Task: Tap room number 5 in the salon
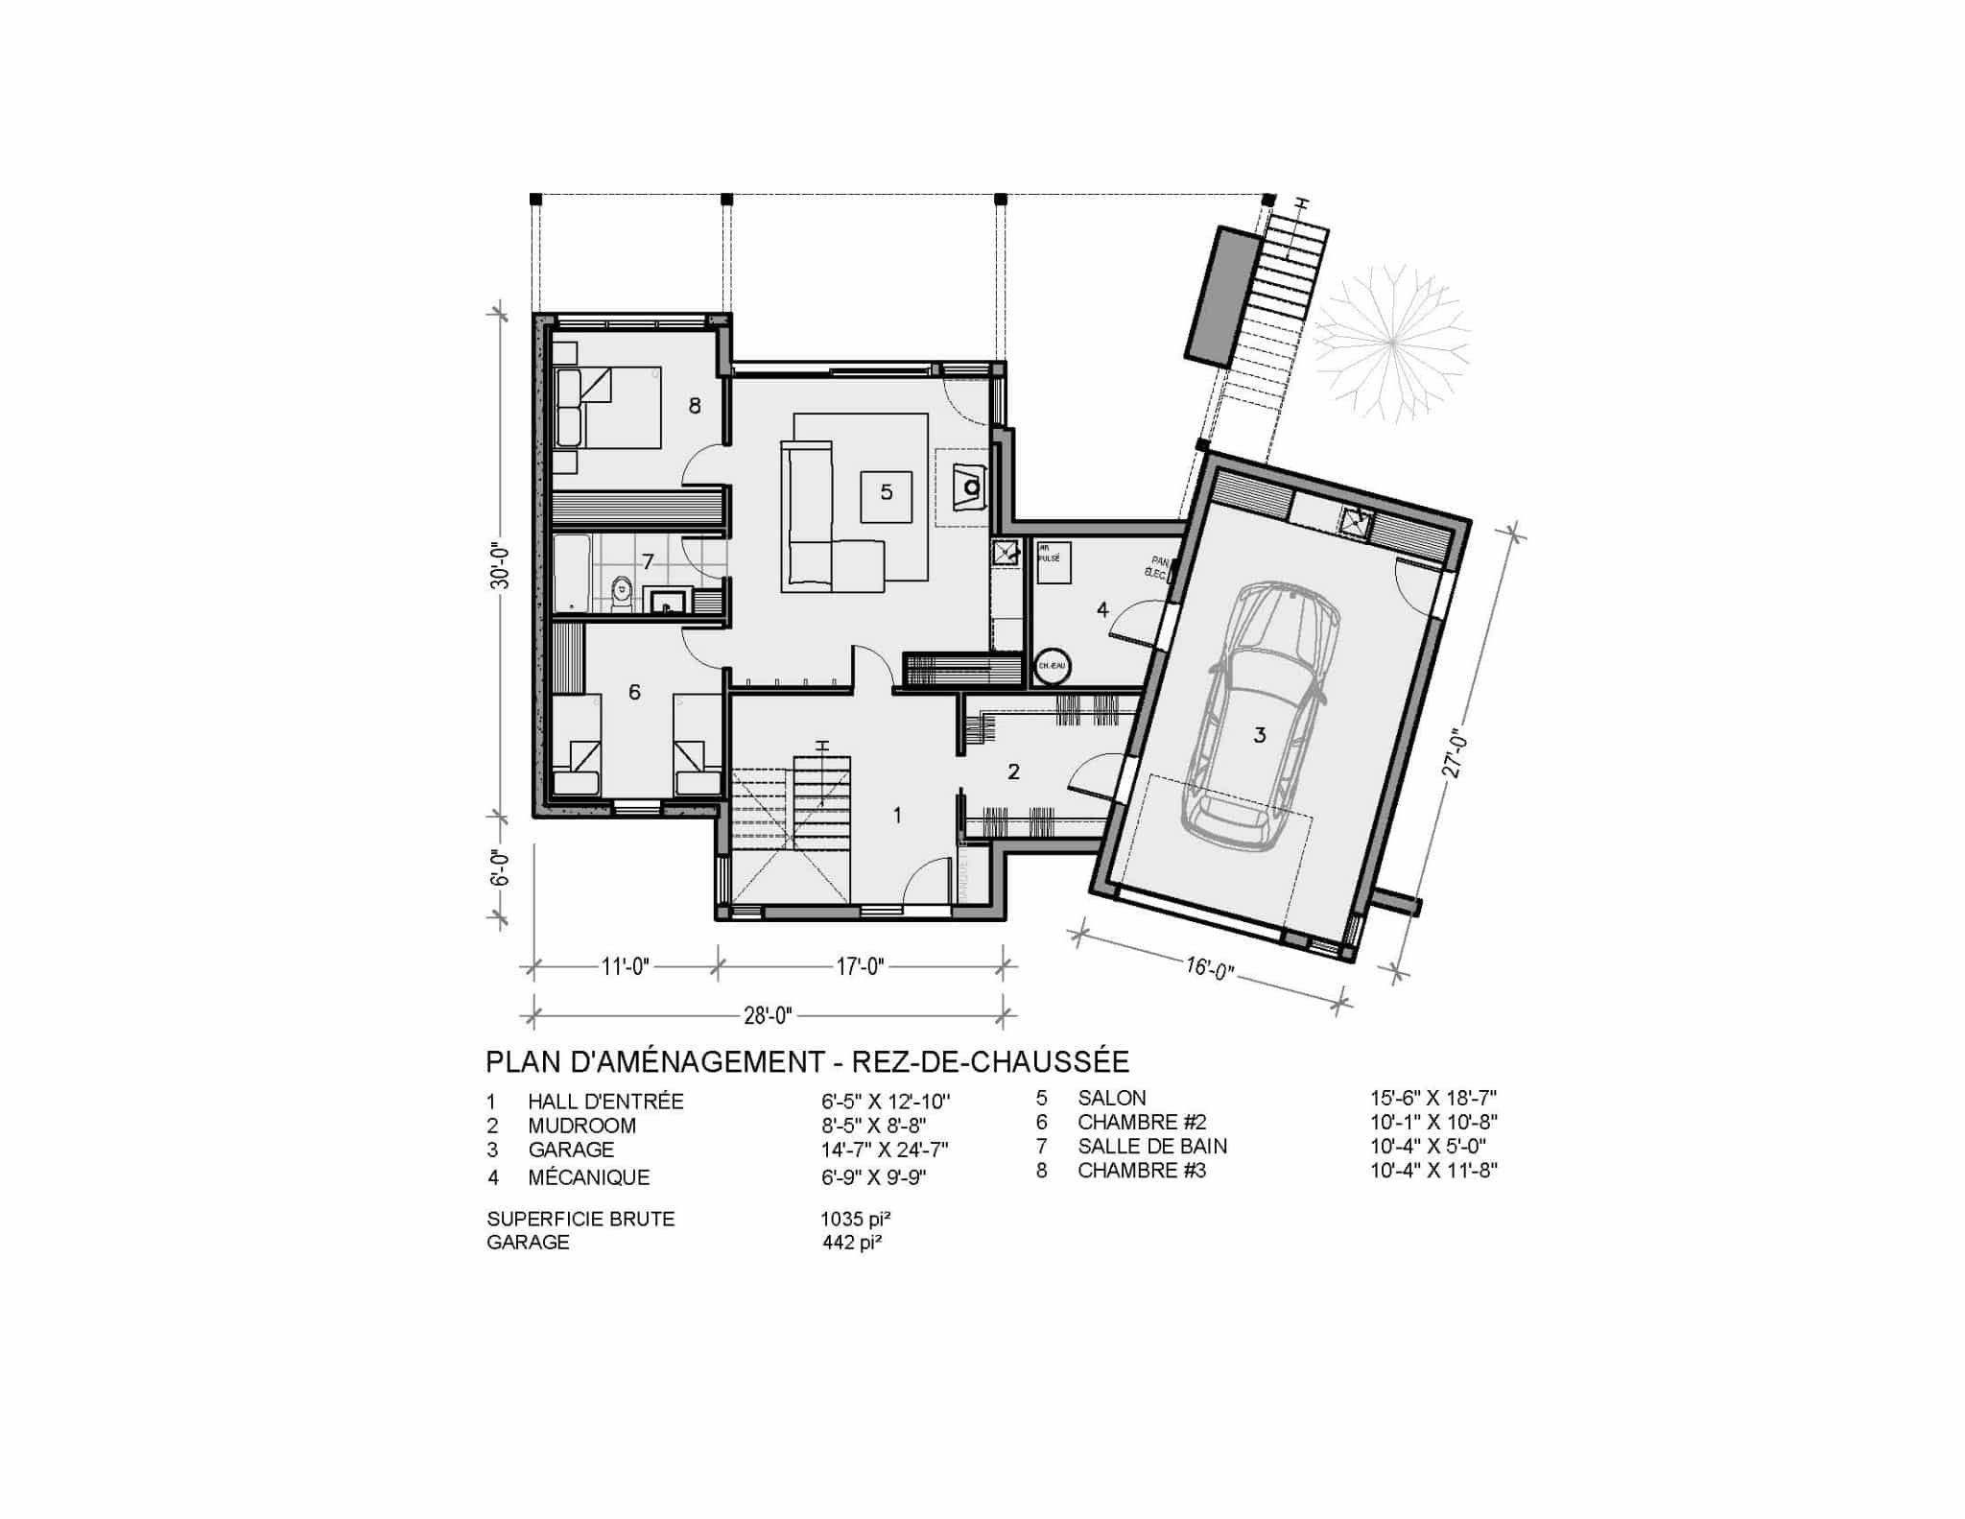pos(886,492)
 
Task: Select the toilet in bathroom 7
pos(622,592)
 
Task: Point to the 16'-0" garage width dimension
pos(1208,968)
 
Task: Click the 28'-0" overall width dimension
pos(767,1015)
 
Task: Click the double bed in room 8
pos(606,408)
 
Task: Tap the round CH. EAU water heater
pos(1052,665)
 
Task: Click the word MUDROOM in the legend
pos(581,1126)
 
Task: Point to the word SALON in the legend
pos(1111,1098)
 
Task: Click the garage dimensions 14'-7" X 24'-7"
pos(885,1150)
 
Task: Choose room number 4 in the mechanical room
pos(1102,609)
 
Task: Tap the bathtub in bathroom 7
pos(572,574)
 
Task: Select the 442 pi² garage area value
pos(852,1243)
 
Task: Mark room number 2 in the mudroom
pos(1013,771)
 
